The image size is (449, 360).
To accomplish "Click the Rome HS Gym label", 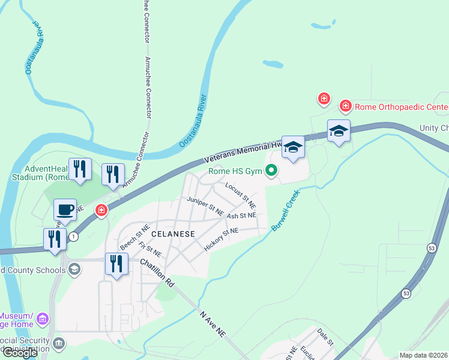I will tap(235, 172).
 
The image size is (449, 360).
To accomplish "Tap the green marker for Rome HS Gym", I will tap(271, 172).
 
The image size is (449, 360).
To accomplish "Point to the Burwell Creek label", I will tap(284, 212).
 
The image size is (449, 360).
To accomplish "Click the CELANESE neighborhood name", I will tap(173, 234).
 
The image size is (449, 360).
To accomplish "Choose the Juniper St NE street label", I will tap(205, 206).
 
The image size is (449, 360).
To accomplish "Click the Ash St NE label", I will tap(241, 215).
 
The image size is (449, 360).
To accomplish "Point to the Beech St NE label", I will tap(134, 238).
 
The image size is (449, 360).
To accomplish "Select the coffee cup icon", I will tap(65, 209).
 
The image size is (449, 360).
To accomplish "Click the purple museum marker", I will tap(43, 318).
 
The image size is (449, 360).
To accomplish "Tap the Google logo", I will tap(19, 353).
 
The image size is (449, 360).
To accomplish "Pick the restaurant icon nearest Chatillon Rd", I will tap(116, 263).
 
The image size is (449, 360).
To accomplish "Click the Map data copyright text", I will tap(423, 355).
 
